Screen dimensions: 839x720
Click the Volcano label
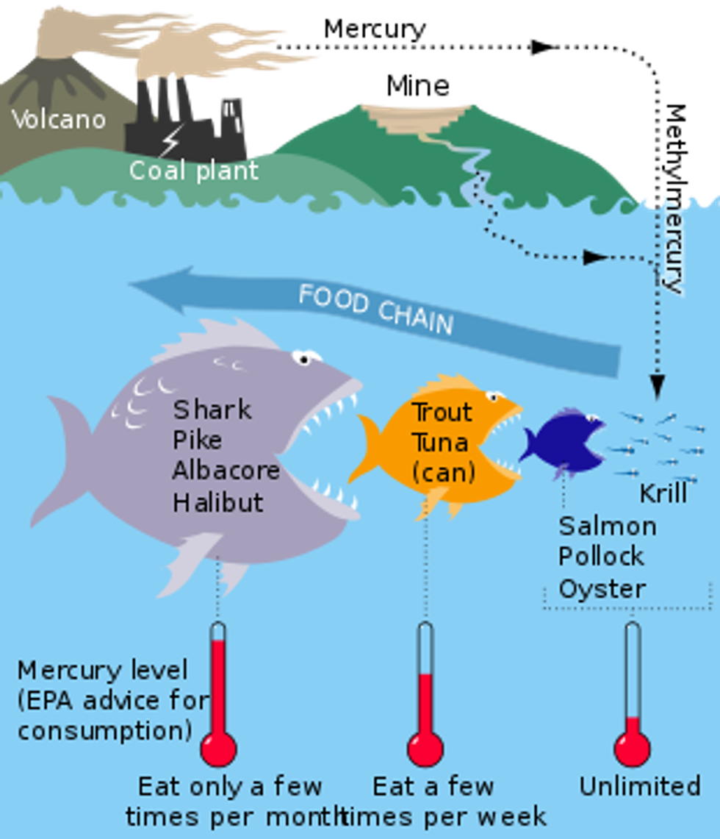[x=59, y=119]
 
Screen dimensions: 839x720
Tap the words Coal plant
[x=194, y=171]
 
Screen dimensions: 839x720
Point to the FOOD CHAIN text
[x=375, y=310]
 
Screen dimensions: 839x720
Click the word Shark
[x=212, y=410]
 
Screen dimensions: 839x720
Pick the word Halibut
[x=217, y=502]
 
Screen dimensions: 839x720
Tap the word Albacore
[x=226, y=471]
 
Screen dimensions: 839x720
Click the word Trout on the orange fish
[x=441, y=413]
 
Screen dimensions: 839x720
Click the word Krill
[x=663, y=493]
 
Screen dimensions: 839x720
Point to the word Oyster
[x=602, y=589]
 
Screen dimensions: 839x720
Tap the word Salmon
[x=607, y=526]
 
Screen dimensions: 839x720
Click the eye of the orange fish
[x=494, y=398]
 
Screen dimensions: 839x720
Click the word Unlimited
[x=639, y=786]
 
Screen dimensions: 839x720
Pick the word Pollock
[x=601, y=557]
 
